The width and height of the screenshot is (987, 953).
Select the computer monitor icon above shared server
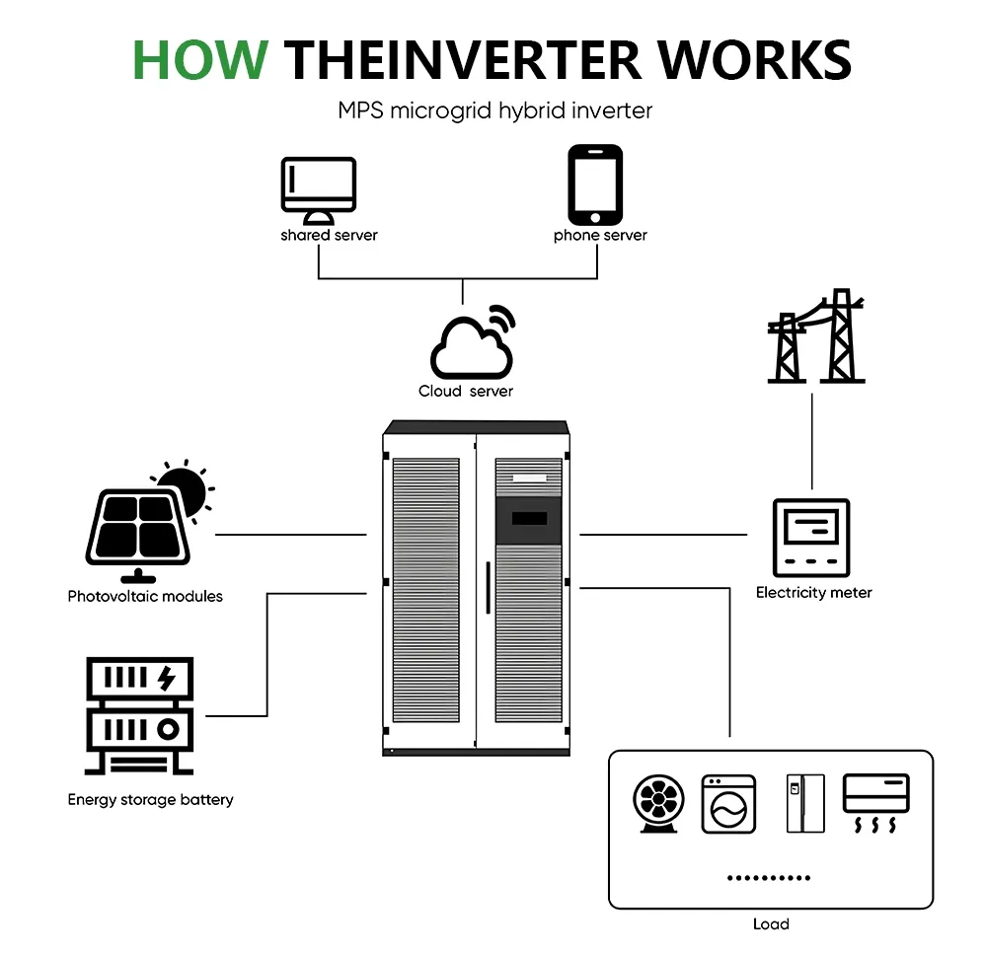pos(318,190)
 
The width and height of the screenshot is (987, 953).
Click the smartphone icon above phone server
pos(595,184)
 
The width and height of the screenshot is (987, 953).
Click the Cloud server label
pos(466,392)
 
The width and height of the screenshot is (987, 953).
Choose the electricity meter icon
pos(810,538)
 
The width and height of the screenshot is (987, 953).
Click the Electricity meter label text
pos(813,593)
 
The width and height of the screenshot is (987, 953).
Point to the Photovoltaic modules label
pos(145,596)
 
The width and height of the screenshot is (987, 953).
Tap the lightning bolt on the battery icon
pos(167,678)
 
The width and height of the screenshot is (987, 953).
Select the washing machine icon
pos(728,804)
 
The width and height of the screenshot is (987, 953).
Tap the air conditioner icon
pos(875,802)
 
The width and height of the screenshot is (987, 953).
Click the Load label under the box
pos(770,924)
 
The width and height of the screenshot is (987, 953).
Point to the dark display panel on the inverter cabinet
pos(527,519)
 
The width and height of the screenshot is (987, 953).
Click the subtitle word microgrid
pos(442,110)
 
